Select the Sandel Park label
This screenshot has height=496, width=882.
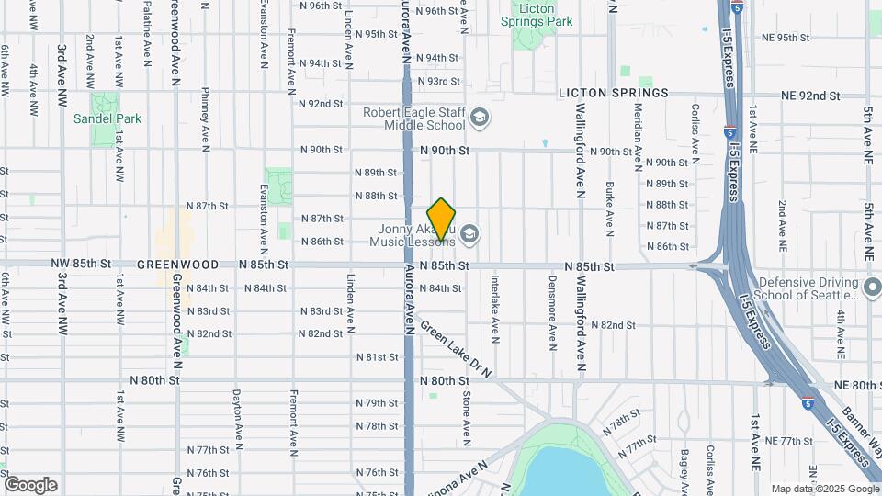(x=108, y=118)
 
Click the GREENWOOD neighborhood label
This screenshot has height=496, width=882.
(x=177, y=265)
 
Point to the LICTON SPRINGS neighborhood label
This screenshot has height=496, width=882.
(x=614, y=94)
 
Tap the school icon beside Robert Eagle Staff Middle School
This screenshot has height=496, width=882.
(x=479, y=118)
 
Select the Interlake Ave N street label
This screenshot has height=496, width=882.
(x=494, y=308)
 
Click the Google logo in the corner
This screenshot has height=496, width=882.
(x=30, y=485)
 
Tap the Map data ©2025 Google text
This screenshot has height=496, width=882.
(x=824, y=489)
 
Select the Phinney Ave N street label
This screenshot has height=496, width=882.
(x=206, y=118)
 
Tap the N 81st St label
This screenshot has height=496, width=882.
(x=377, y=356)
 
